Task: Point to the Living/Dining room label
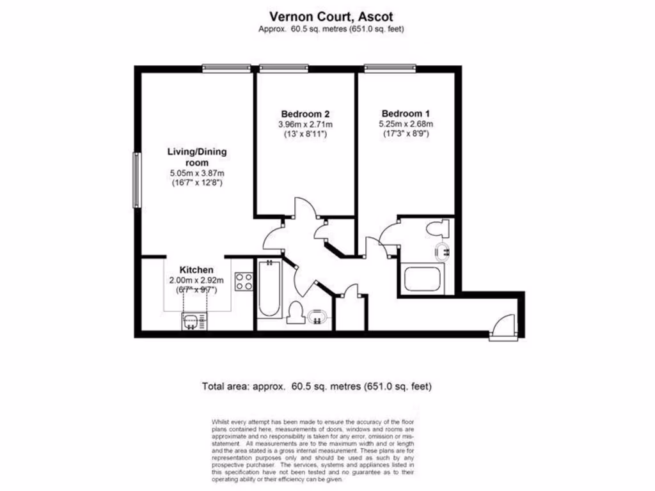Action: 197,157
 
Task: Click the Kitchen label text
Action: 196,270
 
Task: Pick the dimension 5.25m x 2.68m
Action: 405,124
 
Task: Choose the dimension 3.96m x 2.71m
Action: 305,124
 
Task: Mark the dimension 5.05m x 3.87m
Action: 196,173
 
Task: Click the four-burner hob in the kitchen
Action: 244,281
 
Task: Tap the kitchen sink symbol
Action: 193,322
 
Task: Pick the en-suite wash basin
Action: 442,253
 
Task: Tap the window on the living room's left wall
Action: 136,180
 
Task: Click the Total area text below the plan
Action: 317,386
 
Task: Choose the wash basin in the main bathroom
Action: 317,316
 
